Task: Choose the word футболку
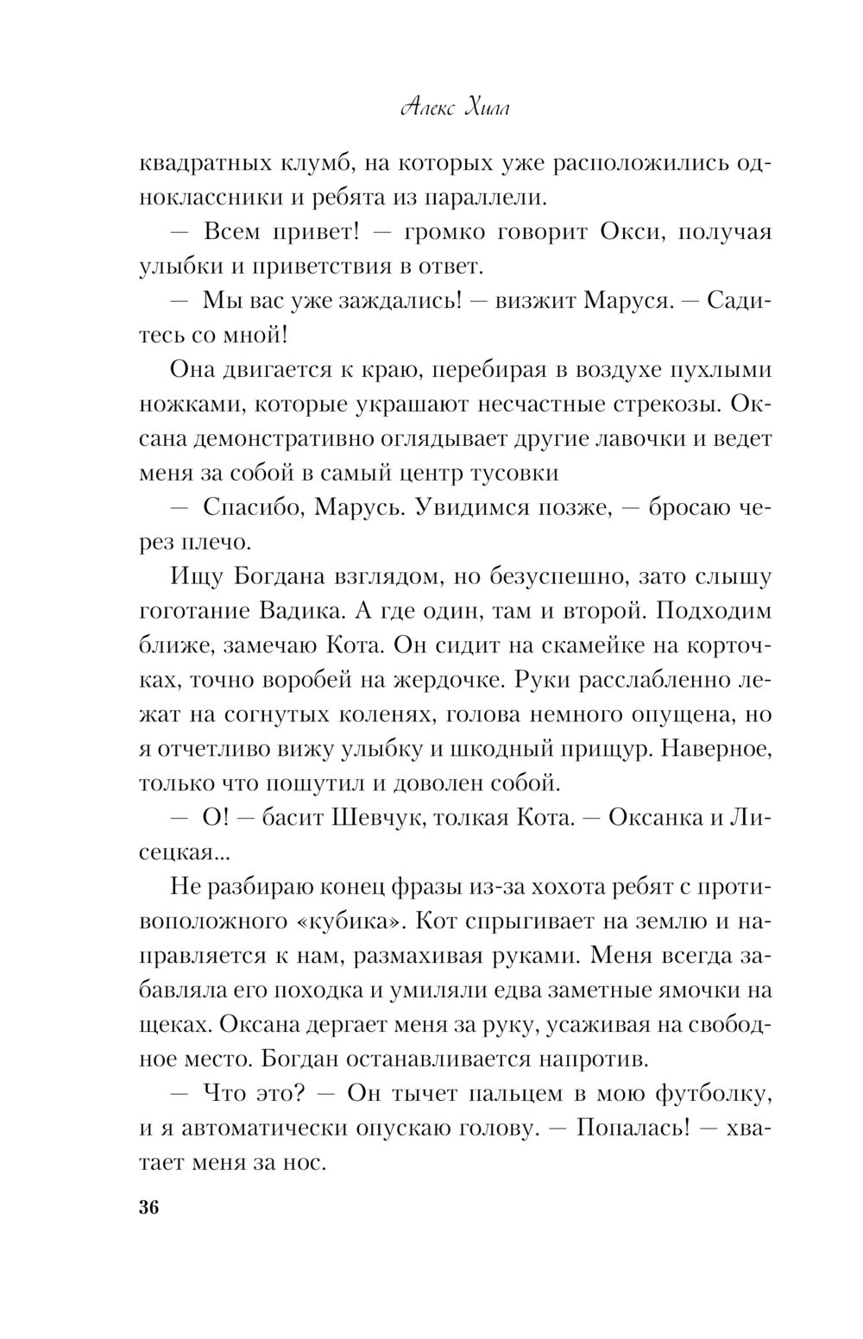[x=713, y=1093]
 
